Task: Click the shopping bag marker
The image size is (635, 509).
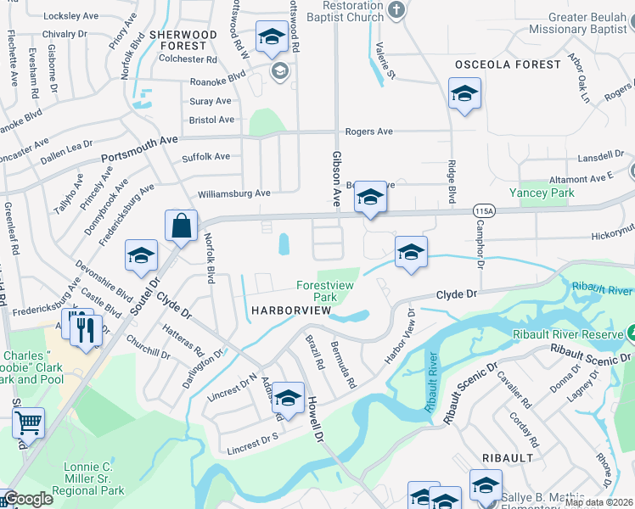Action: [x=182, y=226]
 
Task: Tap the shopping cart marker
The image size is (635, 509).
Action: [x=28, y=422]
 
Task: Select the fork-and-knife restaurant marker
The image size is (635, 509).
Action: [x=86, y=329]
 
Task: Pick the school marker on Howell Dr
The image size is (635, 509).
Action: [x=288, y=398]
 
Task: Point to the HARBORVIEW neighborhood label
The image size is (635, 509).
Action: [x=290, y=311]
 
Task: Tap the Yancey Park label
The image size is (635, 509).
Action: [x=542, y=193]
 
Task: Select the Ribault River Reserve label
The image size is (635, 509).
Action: [x=568, y=334]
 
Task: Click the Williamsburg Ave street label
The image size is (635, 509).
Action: [x=233, y=193]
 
